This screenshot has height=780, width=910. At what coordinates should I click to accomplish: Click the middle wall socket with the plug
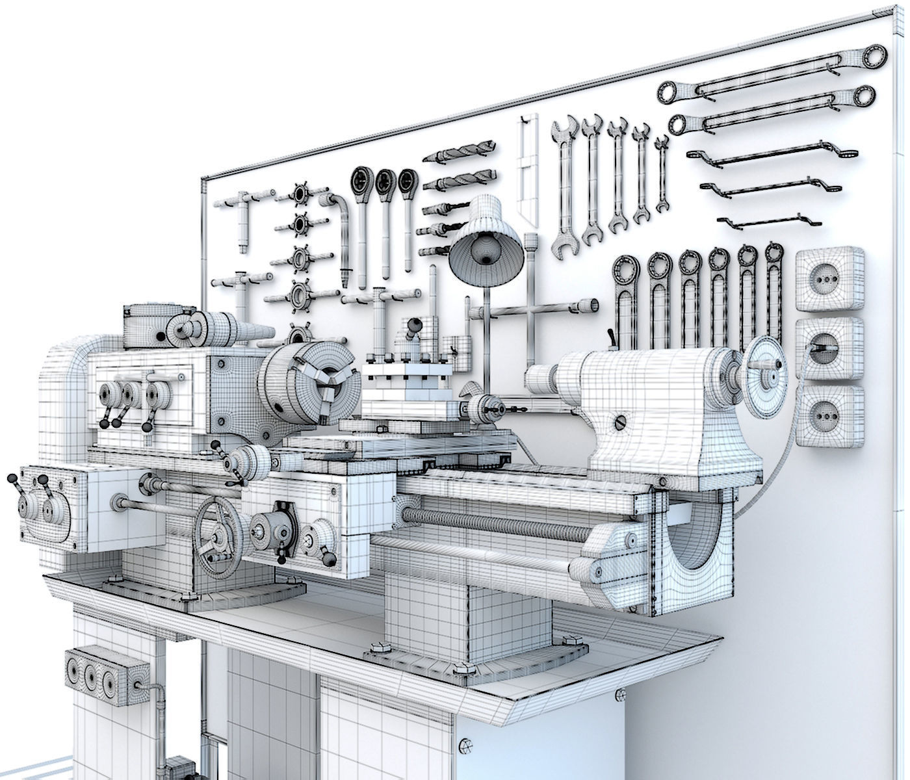[829, 348]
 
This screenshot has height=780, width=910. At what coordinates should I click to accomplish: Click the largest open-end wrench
[564, 182]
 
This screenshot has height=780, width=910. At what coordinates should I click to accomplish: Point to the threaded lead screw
[494, 523]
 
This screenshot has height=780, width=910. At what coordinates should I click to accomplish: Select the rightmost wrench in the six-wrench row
[773, 286]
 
